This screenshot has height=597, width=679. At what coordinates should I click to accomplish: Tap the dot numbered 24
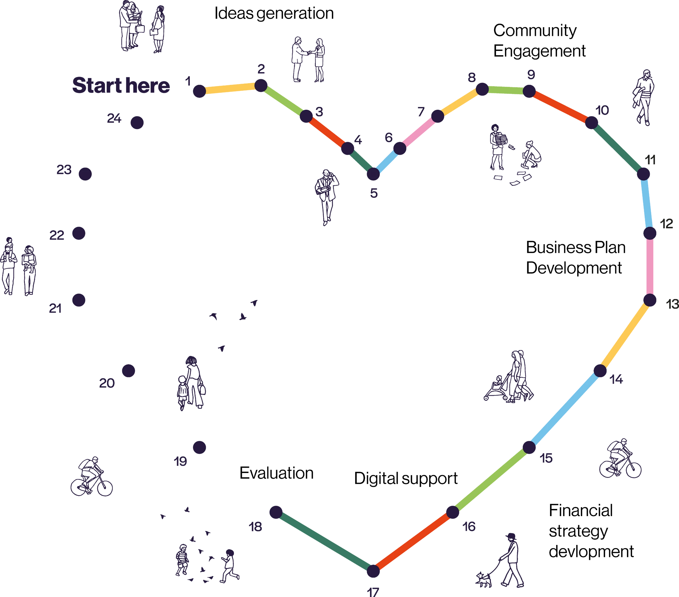(137, 123)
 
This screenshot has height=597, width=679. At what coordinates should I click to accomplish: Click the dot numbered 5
(373, 174)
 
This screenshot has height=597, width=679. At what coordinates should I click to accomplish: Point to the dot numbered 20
(128, 370)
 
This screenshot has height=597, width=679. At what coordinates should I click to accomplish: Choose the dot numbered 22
(79, 233)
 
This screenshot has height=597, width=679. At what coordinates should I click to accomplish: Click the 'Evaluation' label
(276, 474)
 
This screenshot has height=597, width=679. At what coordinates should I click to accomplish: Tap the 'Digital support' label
(406, 478)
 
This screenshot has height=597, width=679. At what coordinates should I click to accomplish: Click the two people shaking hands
(308, 60)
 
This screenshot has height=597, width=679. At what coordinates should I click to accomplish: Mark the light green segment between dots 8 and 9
(505, 90)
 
